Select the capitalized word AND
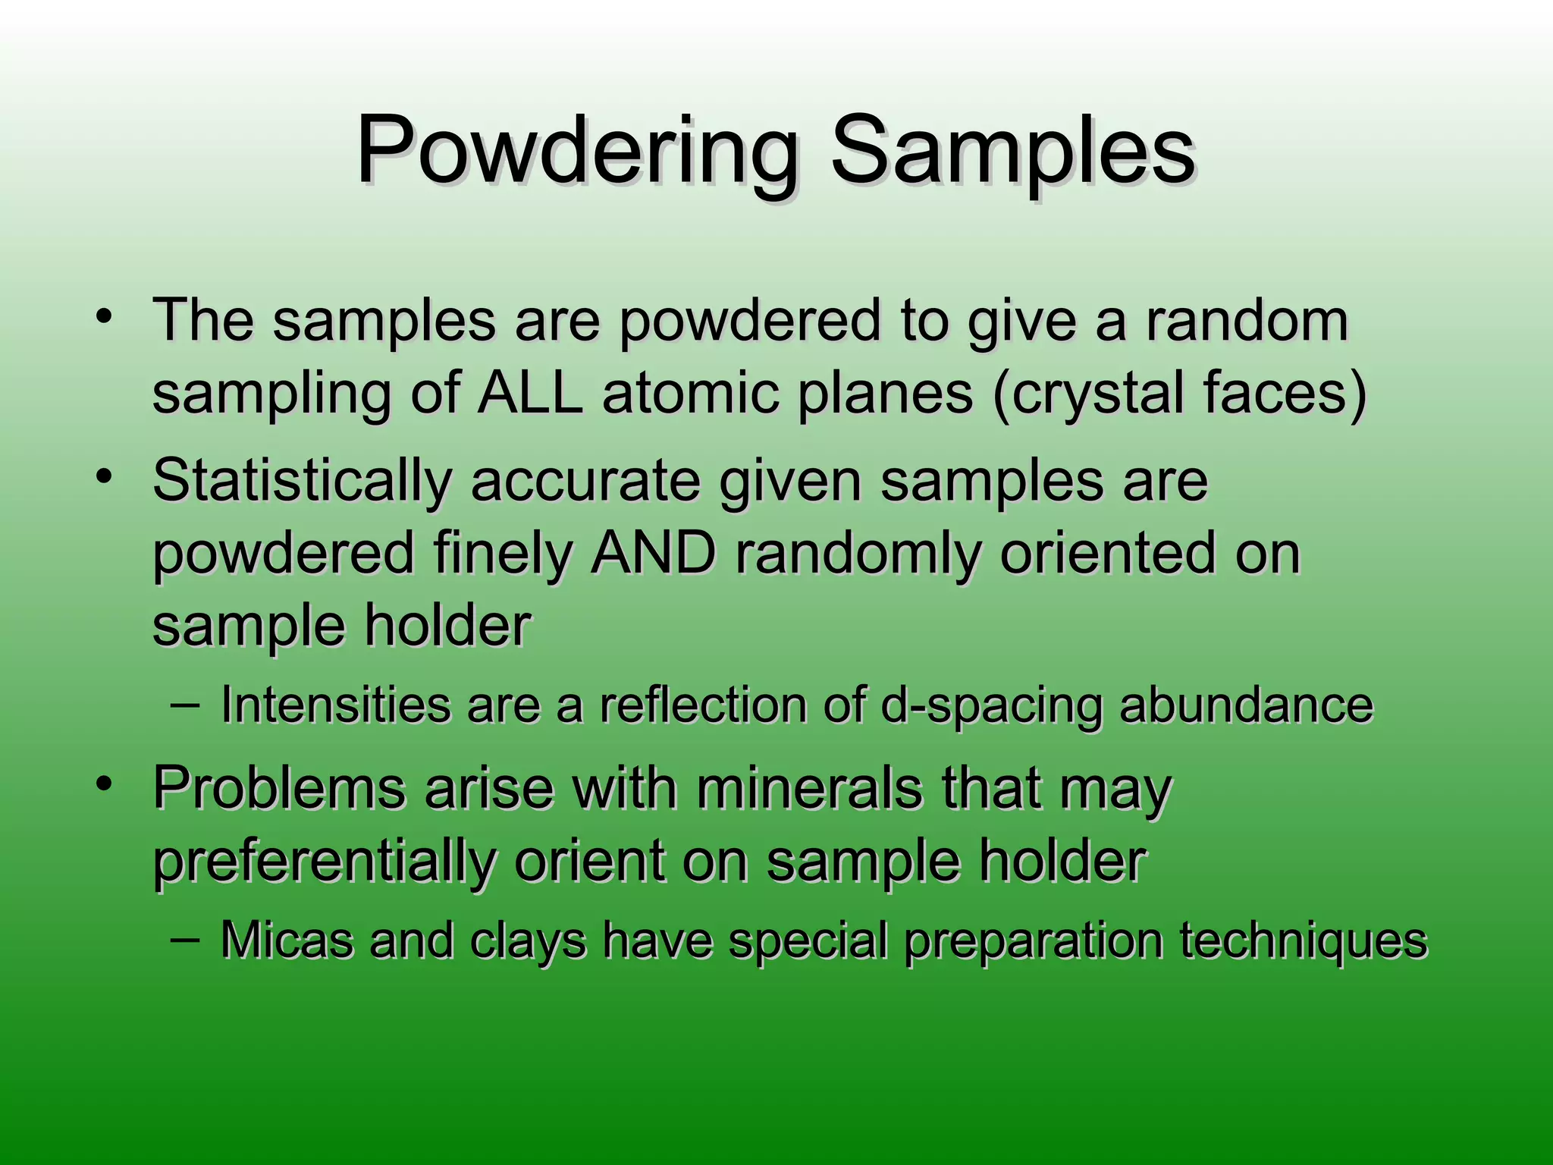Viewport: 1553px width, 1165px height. point(654,553)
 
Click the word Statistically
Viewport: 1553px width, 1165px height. point(302,481)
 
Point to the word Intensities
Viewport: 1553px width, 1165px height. point(334,705)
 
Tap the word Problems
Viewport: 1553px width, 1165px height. point(279,789)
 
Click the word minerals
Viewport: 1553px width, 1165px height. point(809,789)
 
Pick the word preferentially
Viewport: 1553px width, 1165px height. point(324,863)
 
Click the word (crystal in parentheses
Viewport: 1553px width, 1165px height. point(1088,394)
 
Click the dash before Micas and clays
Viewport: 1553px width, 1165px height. point(185,939)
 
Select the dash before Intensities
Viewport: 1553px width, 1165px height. point(185,704)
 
